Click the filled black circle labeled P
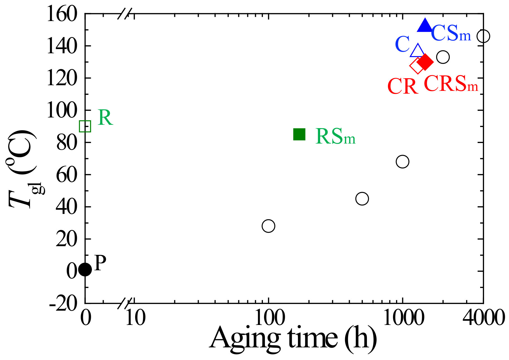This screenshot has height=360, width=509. tap(85, 269)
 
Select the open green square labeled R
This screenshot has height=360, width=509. tap(85, 126)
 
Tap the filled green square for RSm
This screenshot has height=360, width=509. tap(299, 134)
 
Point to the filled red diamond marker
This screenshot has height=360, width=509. tap(425, 62)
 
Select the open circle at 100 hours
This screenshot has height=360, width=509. tap(268, 226)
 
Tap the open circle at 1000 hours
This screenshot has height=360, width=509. tap(402, 161)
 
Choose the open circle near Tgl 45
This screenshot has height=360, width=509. tap(362, 199)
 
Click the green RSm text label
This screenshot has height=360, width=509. tap(335, 137)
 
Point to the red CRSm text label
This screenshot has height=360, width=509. tap(451, 84)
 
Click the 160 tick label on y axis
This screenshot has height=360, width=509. tap(61, 14)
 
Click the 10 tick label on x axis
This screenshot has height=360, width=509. tap(135, 318)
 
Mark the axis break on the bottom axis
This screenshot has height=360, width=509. tap(124, 303)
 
